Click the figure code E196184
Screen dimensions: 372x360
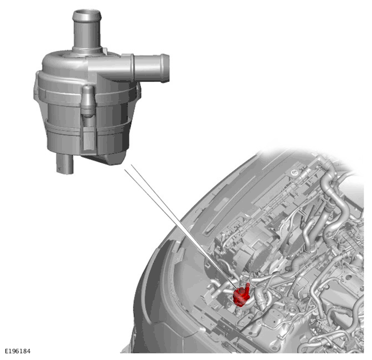[x=18, y=351]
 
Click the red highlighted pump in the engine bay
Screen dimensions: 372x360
[x=241, y=294]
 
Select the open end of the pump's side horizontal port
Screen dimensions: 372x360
[x=165, y=68]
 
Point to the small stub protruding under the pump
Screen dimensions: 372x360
[x=64, y=164]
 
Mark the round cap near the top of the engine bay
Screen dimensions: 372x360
[x=295, y=173]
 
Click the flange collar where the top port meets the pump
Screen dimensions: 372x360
[x=87, y=50]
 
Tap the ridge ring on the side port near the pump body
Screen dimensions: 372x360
[x=132, y=68]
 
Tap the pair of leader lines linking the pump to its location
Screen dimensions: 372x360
[x=180, y=225]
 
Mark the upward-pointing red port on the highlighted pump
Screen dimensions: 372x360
[x=247, y=288]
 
